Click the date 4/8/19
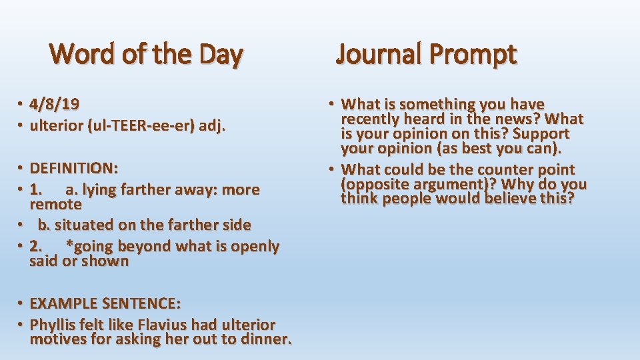click(54, 105)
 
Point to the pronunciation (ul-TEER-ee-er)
click(141, 126)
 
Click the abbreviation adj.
click(212, 126)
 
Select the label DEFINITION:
click(74, 168)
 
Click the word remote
click(56, 204)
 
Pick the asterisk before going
click(69, 244)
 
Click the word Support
click(541, 134)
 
